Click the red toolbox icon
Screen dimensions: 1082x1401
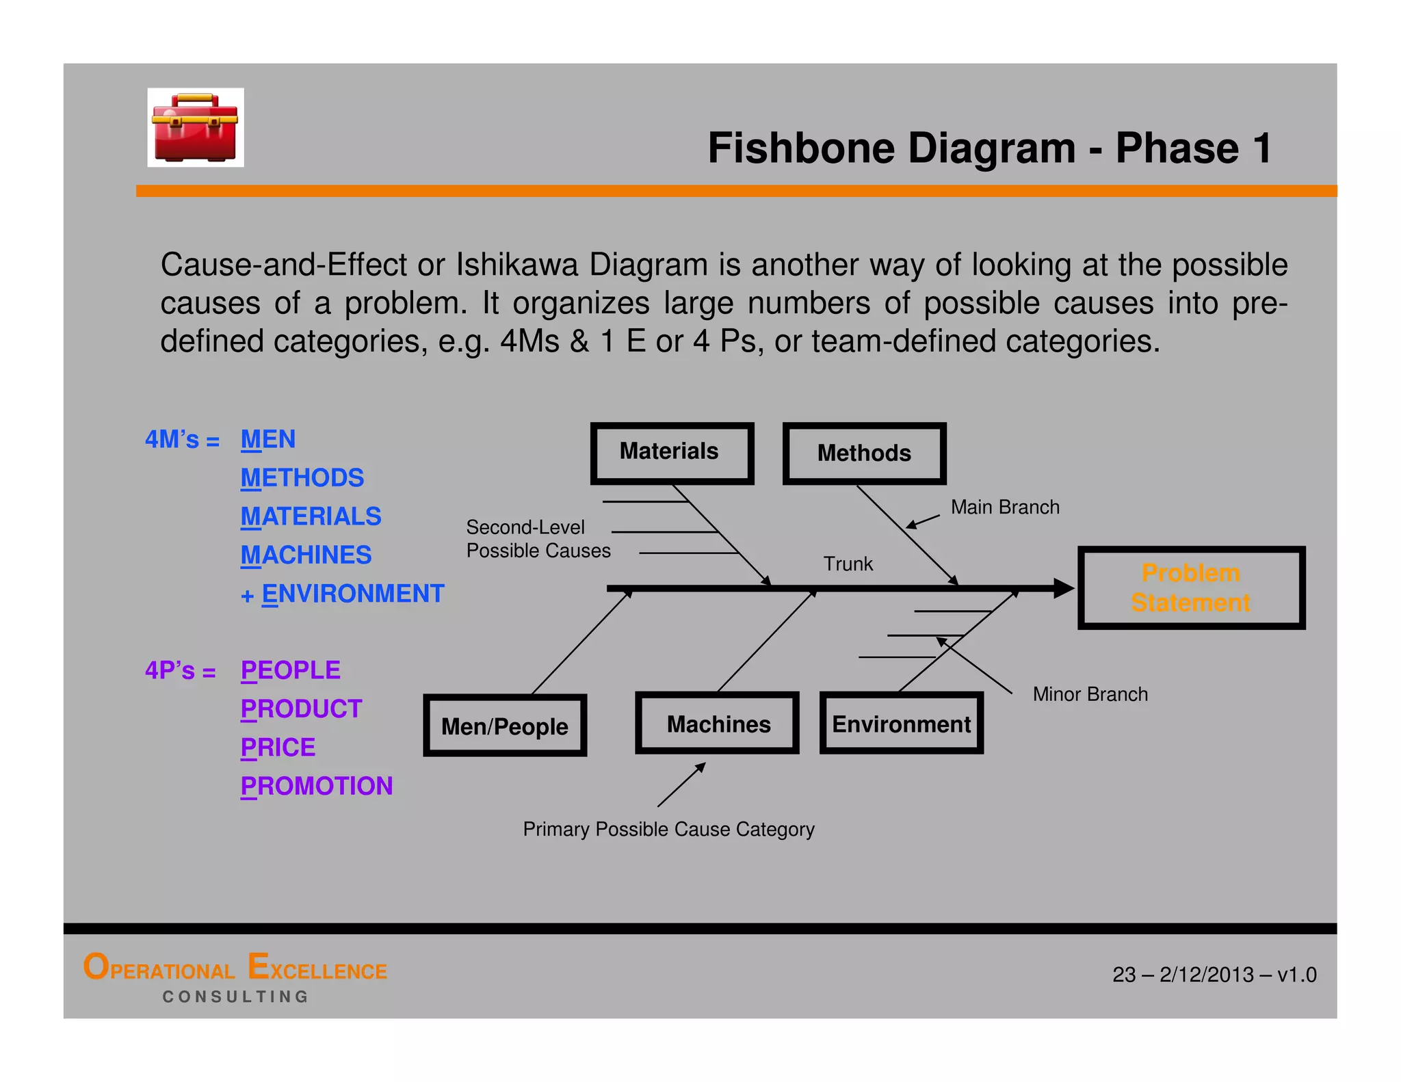[196, 128]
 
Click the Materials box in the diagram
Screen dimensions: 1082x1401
[672, 452]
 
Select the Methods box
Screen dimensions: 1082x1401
[864, 453]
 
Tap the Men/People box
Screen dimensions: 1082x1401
[505, 726]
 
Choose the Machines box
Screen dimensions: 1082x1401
[718, 724]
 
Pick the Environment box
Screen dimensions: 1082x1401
[901, 724]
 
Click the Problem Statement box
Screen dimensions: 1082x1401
[1191, 588]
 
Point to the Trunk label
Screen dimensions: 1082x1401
[848, 564]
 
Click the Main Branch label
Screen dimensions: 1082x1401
[1004, 507]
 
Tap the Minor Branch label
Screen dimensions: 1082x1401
[1090, 694]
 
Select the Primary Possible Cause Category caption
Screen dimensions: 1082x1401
[668, 829]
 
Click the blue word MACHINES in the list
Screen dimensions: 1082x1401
[306, 555]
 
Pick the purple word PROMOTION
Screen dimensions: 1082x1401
[317, 786]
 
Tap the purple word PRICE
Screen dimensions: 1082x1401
[278, 748]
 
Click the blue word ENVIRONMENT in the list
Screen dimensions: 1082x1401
[352, 594]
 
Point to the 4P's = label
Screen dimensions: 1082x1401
[180, 670]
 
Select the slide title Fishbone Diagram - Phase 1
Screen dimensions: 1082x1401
[989, 148]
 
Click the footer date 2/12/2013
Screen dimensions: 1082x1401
[1206, 975]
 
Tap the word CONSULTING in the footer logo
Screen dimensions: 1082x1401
[235, 997]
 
